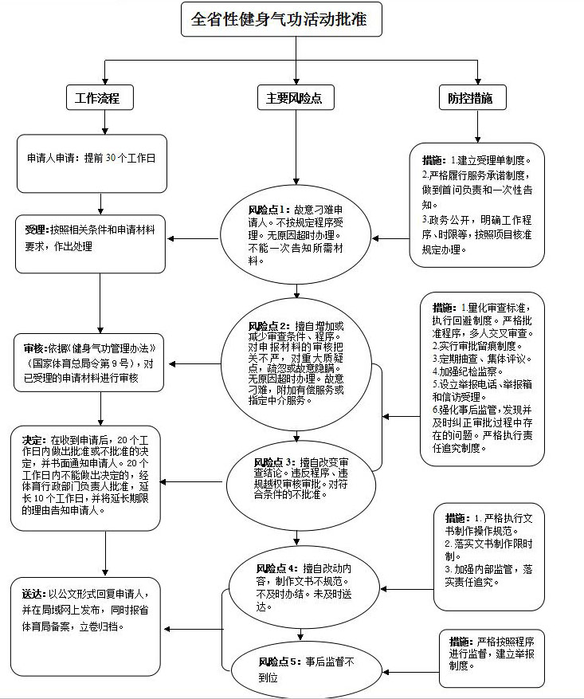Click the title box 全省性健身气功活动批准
click(281, 19)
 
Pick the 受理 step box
click(95, 244)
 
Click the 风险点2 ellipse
click(297, 363)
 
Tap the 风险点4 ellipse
click(301, 587)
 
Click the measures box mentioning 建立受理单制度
click(476, 204)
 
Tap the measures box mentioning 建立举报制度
click(492, 658)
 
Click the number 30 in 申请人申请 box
click(112, 158)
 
